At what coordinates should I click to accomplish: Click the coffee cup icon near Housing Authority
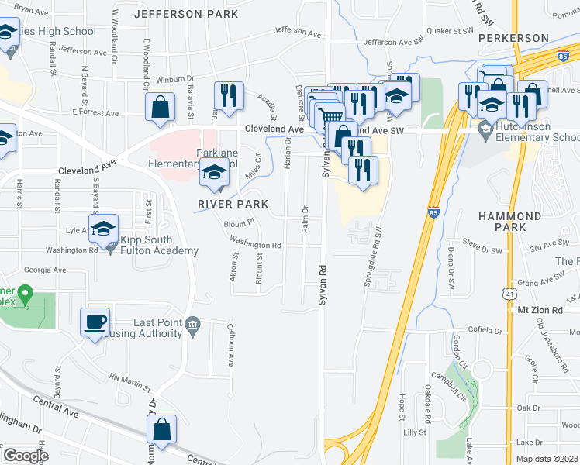click(x=95, y=322)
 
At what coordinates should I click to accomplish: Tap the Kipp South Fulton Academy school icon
click(x=103, y=229)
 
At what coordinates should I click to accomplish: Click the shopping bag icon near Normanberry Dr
click(x=161, y=429)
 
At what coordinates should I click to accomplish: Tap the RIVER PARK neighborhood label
click(x=233, y=204)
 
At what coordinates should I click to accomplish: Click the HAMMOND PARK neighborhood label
click(x=509, y=222)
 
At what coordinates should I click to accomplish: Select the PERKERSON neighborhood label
click(x=508, y=36)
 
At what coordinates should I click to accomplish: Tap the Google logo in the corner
click(x=25, y=455)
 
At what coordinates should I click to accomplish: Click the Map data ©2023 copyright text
click(x=546, y=458)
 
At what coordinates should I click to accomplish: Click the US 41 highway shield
click(x=507, y=294)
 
